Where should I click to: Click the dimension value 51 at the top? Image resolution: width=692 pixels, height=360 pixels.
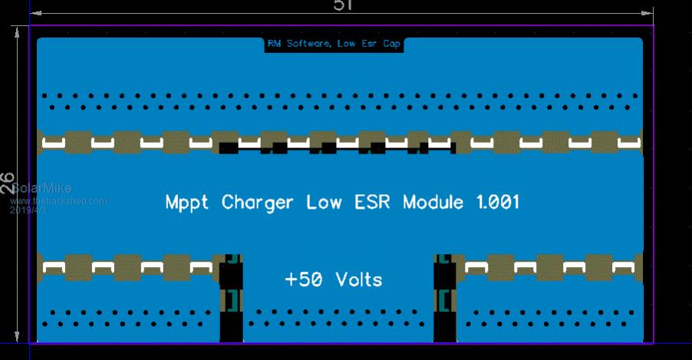click(342, 5)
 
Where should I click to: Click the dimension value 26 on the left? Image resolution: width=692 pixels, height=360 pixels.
click(8, 183)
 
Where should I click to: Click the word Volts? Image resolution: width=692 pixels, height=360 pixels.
click(359, 279)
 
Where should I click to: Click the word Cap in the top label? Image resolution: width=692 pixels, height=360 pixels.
click(391, 45)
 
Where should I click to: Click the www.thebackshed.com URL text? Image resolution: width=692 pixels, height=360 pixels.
click(58, 201)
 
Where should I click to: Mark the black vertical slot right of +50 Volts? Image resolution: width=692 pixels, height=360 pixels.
click(445, 299)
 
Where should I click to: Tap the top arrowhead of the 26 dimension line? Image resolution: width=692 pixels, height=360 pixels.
click(15, 31)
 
